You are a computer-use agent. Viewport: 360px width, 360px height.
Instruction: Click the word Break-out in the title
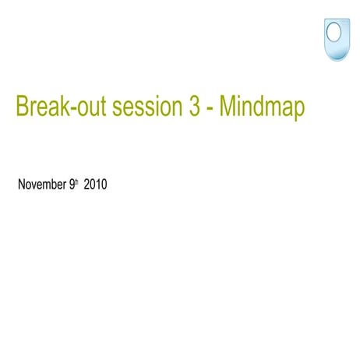tap(61, 107)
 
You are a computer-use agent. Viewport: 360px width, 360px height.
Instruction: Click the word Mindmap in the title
tap(262, 107)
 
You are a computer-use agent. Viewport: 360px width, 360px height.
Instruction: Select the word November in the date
tap(41, 185)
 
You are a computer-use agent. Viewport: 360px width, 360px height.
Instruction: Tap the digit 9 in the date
tap(72, 185)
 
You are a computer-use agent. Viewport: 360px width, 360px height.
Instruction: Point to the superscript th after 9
tap(77, 183)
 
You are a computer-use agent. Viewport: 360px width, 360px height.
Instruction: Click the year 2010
tap(95, 185)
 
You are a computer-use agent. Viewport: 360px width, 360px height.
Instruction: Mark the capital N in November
tap(21, 185)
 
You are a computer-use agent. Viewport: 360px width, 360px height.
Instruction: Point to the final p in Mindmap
tap(298, 110)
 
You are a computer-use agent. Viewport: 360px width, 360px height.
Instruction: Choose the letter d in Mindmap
tap(258, 107)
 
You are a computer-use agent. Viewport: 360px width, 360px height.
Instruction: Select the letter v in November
tap(35, 186)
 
